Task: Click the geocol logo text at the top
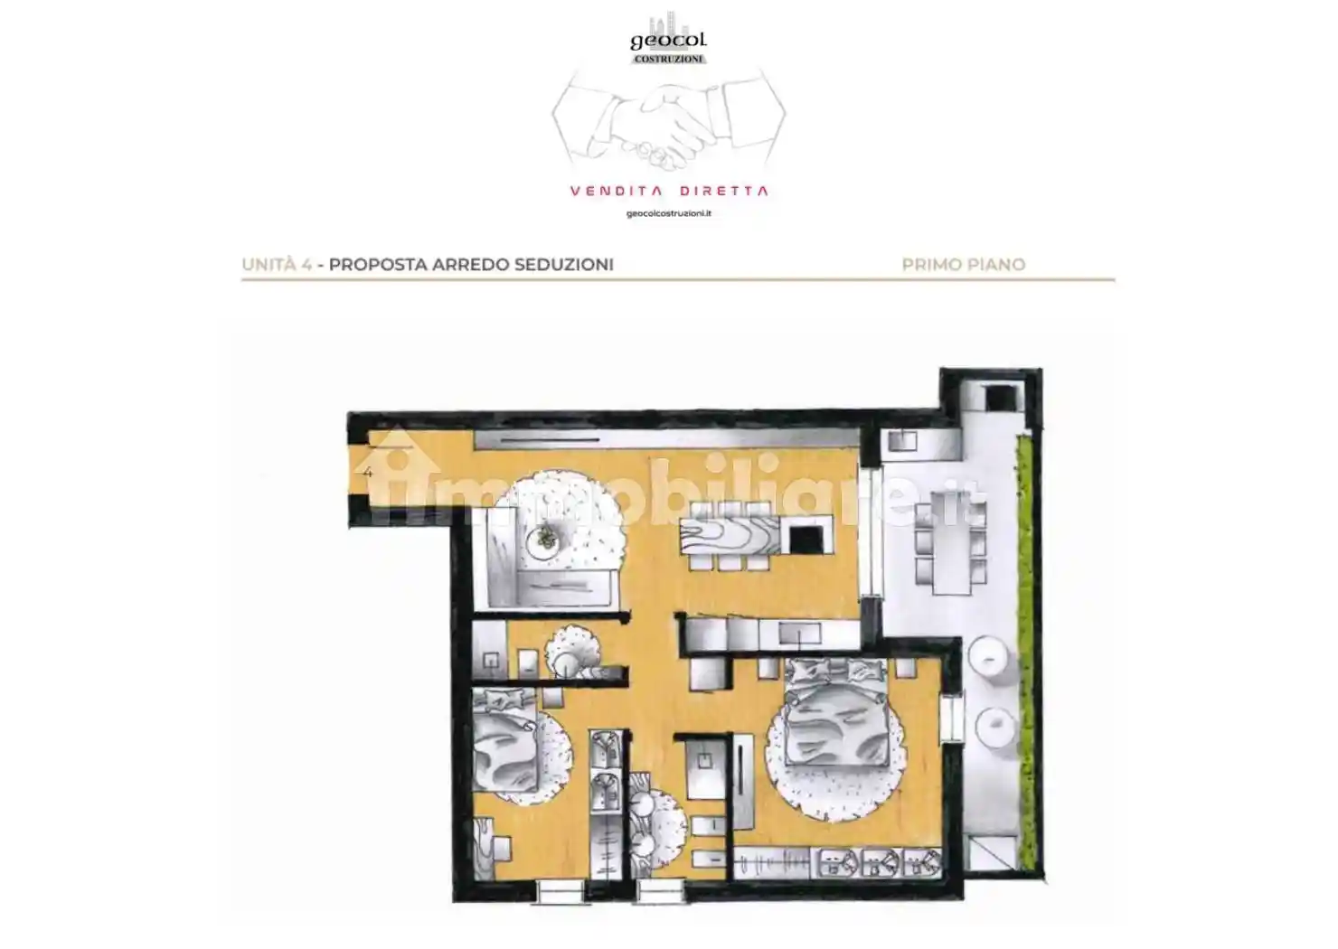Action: click(x=668, y=41)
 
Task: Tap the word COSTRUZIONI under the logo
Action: click(x=668, y=59)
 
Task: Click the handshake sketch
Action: click(x=668, y=120)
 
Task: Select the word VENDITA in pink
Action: click(x=616, y=191)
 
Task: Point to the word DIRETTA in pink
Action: click(x=724, y=191)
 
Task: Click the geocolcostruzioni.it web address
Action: click(x=668, y=214)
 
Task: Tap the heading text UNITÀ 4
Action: click(x=277, y=265)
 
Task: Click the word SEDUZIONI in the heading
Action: click(x=564, y=265)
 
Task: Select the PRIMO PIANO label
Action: click(x=964, y=265)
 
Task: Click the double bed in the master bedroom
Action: click(x=836, y=712)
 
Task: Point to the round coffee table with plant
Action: click(x=545, y=540)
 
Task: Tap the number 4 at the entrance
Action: click(x=368, y=473)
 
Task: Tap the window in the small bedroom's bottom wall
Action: click(x=560, y=891)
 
